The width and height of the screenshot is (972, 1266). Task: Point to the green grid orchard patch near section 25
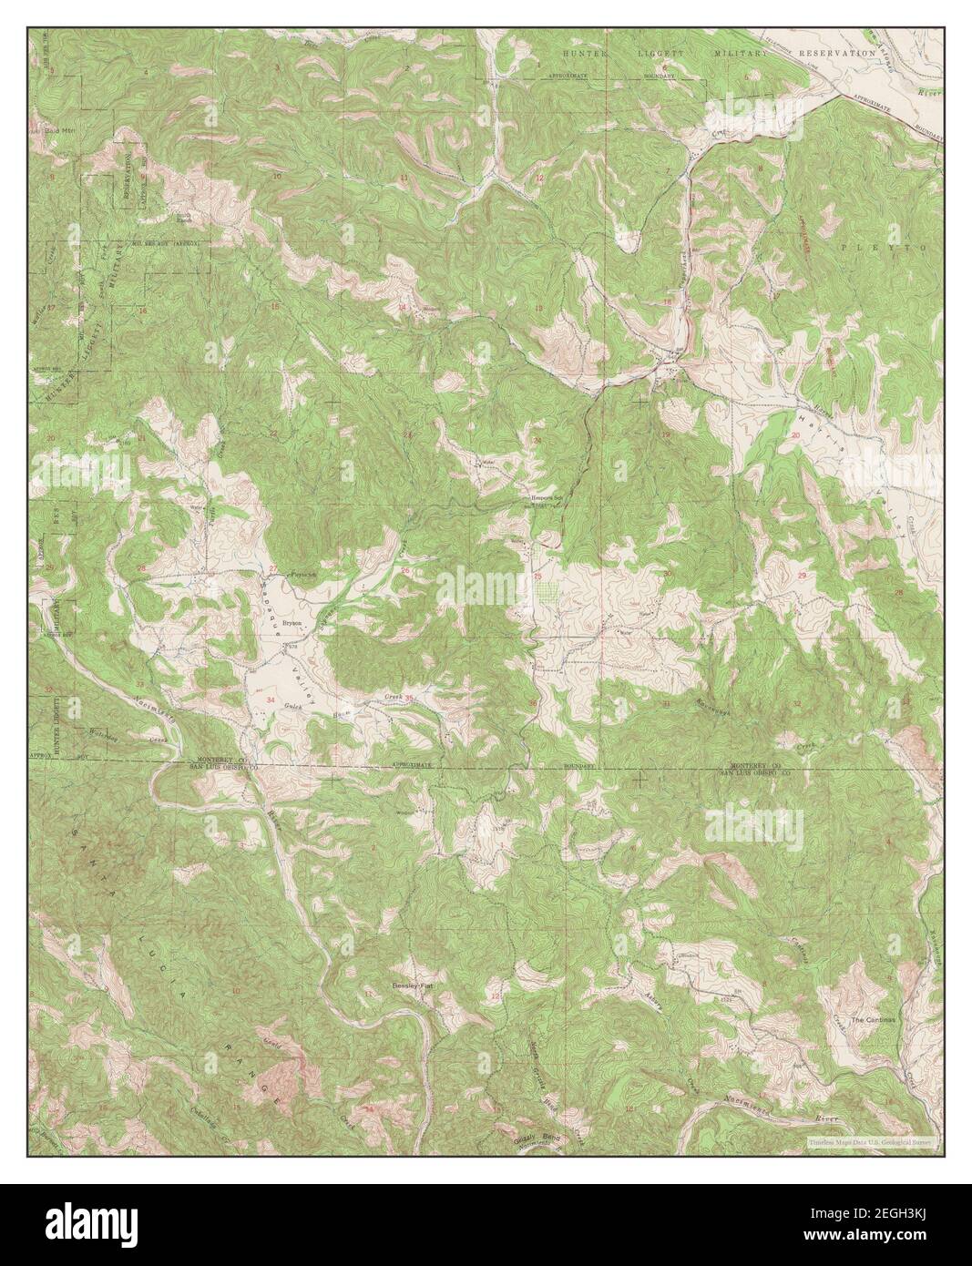point(547,592)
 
